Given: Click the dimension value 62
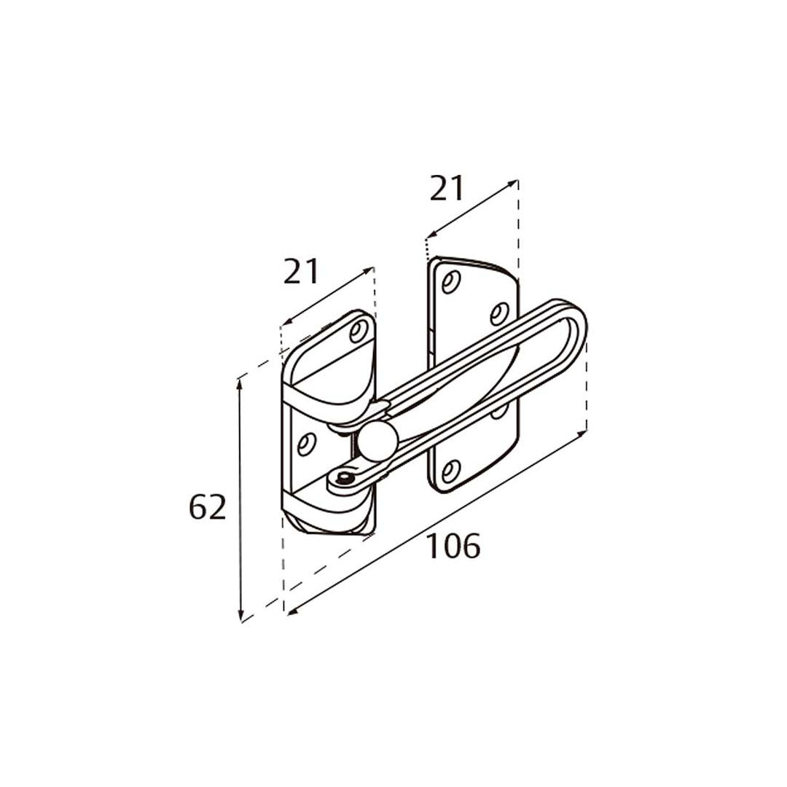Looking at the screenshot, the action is tap(207, 507).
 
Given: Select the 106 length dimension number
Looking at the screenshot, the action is tap(453, 546).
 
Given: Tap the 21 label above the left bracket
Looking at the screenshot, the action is tap(301, 271).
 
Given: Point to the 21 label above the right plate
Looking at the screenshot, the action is tap(447, 188).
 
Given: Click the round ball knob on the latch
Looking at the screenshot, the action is tap(377, 440).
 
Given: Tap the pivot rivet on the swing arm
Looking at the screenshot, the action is tap(344, 478).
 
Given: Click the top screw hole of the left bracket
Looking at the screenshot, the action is tap(359, 332).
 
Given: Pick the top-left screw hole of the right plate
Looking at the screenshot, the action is tap(451, 281).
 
